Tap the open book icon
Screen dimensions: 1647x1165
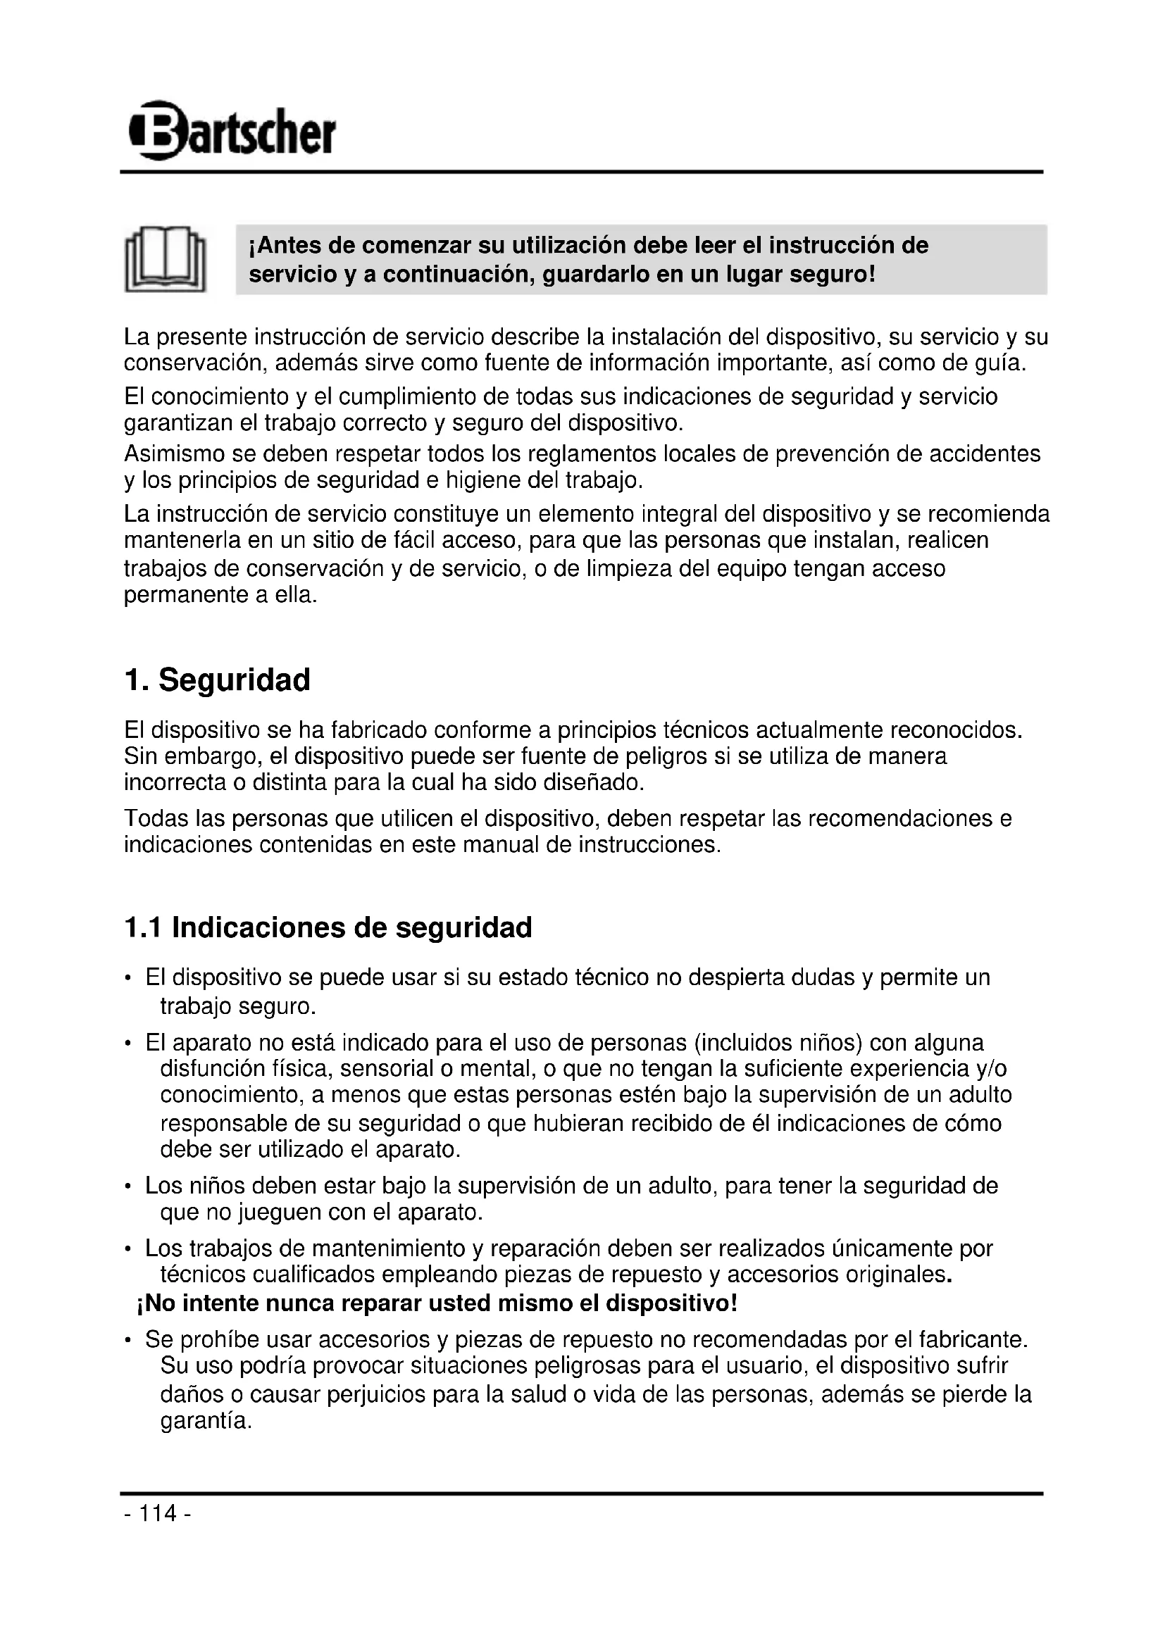165,260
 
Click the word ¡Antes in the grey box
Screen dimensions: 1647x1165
285,246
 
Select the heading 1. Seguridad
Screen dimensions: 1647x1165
217,680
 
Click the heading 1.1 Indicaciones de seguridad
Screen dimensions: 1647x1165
328,927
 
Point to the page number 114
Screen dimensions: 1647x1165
157,1514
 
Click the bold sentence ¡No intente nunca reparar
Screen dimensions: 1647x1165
436,1303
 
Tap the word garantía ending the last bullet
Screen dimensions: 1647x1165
205,1421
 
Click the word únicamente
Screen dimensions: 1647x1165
892,1249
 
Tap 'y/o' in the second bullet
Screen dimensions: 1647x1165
992,1069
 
